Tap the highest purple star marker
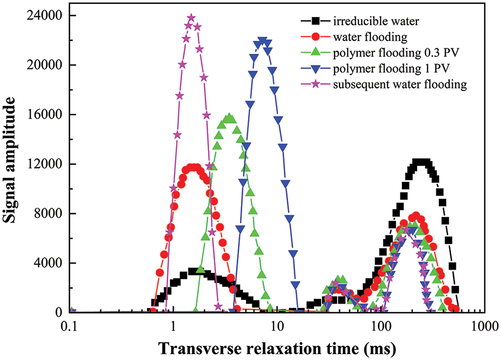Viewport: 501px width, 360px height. [191, 18]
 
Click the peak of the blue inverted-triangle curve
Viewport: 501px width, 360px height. [262, 41]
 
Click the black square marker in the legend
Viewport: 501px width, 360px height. [315, 21]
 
